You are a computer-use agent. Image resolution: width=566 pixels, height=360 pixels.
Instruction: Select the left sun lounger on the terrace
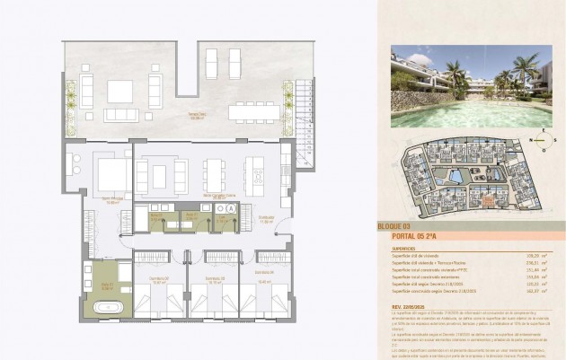pos(212,64)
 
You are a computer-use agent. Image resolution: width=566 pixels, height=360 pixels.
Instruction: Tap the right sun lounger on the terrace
pos(234,64)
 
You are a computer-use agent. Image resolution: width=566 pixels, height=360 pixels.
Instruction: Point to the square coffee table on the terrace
pos(119,92)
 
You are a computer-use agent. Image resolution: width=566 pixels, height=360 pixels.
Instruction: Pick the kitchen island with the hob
pos(255,176)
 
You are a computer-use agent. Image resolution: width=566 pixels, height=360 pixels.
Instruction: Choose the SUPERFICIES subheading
pos(403,249)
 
